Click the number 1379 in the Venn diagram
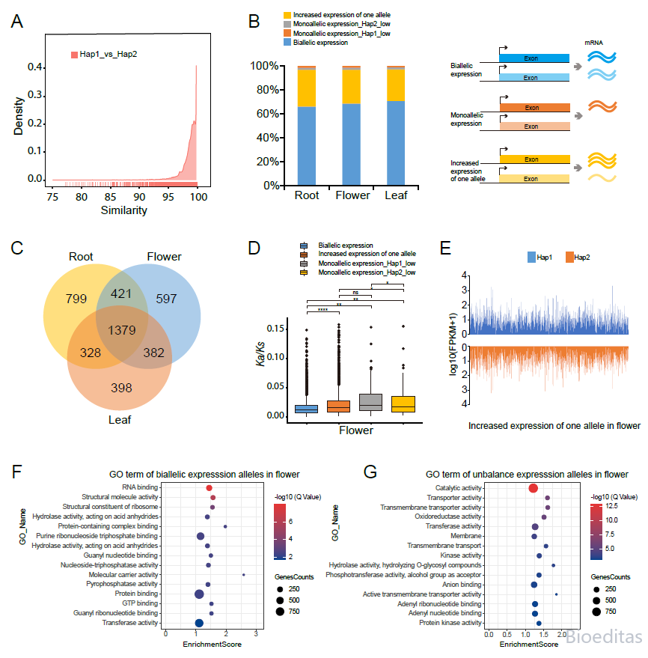122,330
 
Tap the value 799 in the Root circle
76,299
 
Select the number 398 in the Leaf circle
121,388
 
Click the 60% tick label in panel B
268,114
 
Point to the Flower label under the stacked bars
352,195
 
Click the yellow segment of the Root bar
307,88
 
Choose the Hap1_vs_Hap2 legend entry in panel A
104,54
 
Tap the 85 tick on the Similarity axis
110,197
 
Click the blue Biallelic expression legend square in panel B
287,43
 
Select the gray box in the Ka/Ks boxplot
370,402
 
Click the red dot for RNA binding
210,488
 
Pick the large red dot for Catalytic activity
533,488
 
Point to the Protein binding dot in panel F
199,594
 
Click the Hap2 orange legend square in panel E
569,258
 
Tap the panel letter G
370,472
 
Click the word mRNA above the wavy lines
593,43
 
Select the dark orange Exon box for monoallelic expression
535,108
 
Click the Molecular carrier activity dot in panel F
244,575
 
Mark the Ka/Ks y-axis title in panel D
260,354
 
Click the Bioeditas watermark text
604,637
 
